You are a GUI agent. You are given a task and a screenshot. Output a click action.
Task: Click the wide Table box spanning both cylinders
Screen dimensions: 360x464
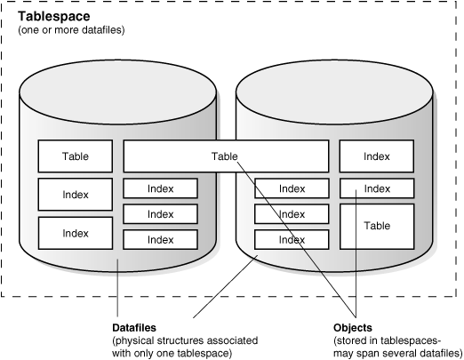pyautogui.click(x=225, y=156)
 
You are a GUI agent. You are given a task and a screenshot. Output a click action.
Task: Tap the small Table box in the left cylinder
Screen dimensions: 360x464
pyautogui.click(x=75, y=156)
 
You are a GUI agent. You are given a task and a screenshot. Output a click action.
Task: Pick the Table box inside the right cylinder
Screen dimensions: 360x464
pyautogui.click(x=377, y=226)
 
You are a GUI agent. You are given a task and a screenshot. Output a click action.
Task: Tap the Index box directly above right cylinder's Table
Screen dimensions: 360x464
pyautogui.click(x=377, y=188)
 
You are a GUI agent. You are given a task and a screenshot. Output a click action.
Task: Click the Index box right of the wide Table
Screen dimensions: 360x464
pyautogui.click(x=377, y=156)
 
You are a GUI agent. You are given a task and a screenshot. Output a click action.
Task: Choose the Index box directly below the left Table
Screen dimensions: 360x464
pyautogui.click(x=75, y=194)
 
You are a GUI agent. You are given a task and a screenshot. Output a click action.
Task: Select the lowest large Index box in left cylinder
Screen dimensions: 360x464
pyautogui.click(x=75, y=233)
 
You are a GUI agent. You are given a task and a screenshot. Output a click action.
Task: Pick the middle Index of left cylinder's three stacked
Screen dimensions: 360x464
pyautogui.click(x=160, y=213)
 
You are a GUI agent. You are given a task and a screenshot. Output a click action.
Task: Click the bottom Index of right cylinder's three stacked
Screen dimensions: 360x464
pyautogui.click(x=292, y=240)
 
